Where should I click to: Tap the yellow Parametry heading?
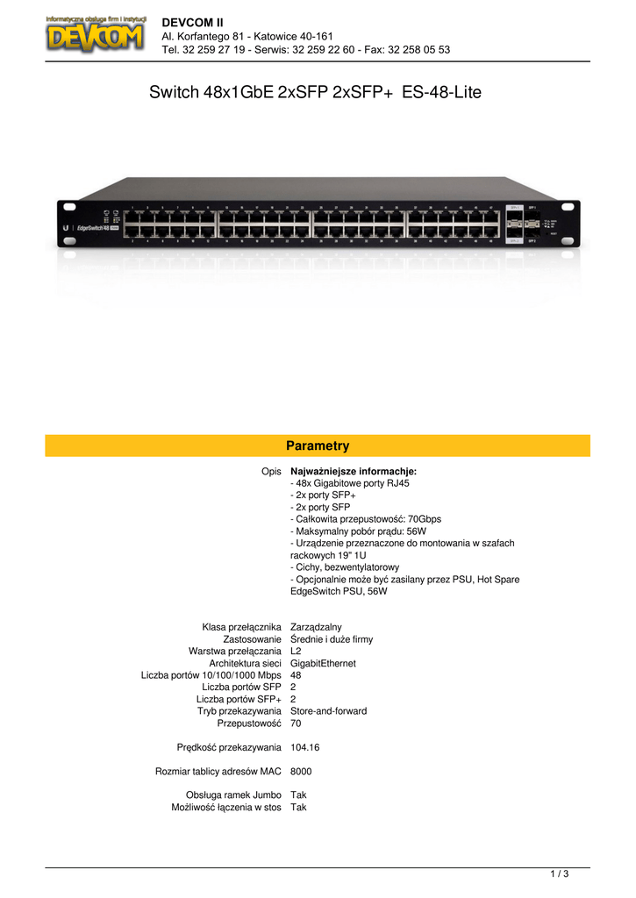(x=318, y=445)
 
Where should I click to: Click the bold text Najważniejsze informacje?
(x=353, y=471)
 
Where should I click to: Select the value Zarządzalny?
(x=316, y=627)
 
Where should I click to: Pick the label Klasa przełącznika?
(x=241, y=627)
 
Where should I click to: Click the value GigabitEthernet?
(x=323, y=664)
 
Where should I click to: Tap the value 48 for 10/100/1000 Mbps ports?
(x=296, y=676)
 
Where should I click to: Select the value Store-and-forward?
(x=328, y=711)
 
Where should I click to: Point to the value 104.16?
(x=304, y=747)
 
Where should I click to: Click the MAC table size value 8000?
(x=301, y=772)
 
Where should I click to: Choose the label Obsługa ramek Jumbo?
(x=233, y=795)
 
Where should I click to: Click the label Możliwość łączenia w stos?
(x=226, y=808)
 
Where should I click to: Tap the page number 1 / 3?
(x=560, y=873)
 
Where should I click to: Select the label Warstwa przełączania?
(x=234, y=652)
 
